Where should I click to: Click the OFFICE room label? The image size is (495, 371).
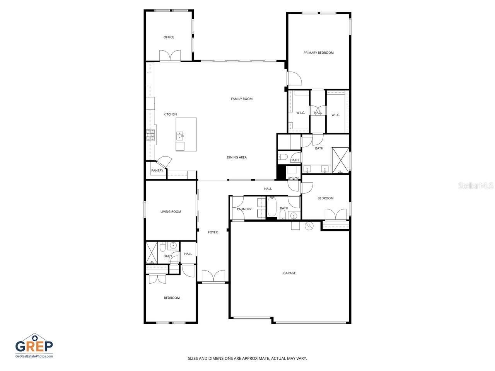pyautogui.click(x=169, y=37)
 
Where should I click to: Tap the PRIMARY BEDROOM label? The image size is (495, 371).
pyautogui.click(x=318, y=53)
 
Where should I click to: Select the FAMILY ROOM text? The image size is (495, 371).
pyautogui.click(x=242, y=99)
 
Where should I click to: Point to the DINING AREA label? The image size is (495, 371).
pyautogui.click(x=237, y=157)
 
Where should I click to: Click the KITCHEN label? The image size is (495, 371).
pyautogui.click(x=170, y=114)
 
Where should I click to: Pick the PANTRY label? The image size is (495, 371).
pyautogui.click(x=157, y=171)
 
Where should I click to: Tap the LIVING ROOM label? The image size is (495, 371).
pyautogui.click(x=171, y=212)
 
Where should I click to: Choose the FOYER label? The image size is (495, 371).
pyautogui.click(x=213, y=233)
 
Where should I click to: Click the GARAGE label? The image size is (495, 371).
pyautogui.click(x=289, y=273)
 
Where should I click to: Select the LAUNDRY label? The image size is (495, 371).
pyautogui.click(x=244, y=209)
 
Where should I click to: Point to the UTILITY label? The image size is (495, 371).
pyautogui.click(x=293, y=179)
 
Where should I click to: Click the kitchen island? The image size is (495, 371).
pyautogui.click(x=186, y=134)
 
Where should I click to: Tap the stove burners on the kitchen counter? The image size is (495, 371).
pyautogui.click(x=150, y=134)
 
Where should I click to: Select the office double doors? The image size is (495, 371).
pyautogui.click(x=170, y=56)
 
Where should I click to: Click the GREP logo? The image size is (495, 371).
pyautogui.click(x=34, y=345)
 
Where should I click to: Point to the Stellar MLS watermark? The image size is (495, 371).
pyautogui.click(x=475, y=186)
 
